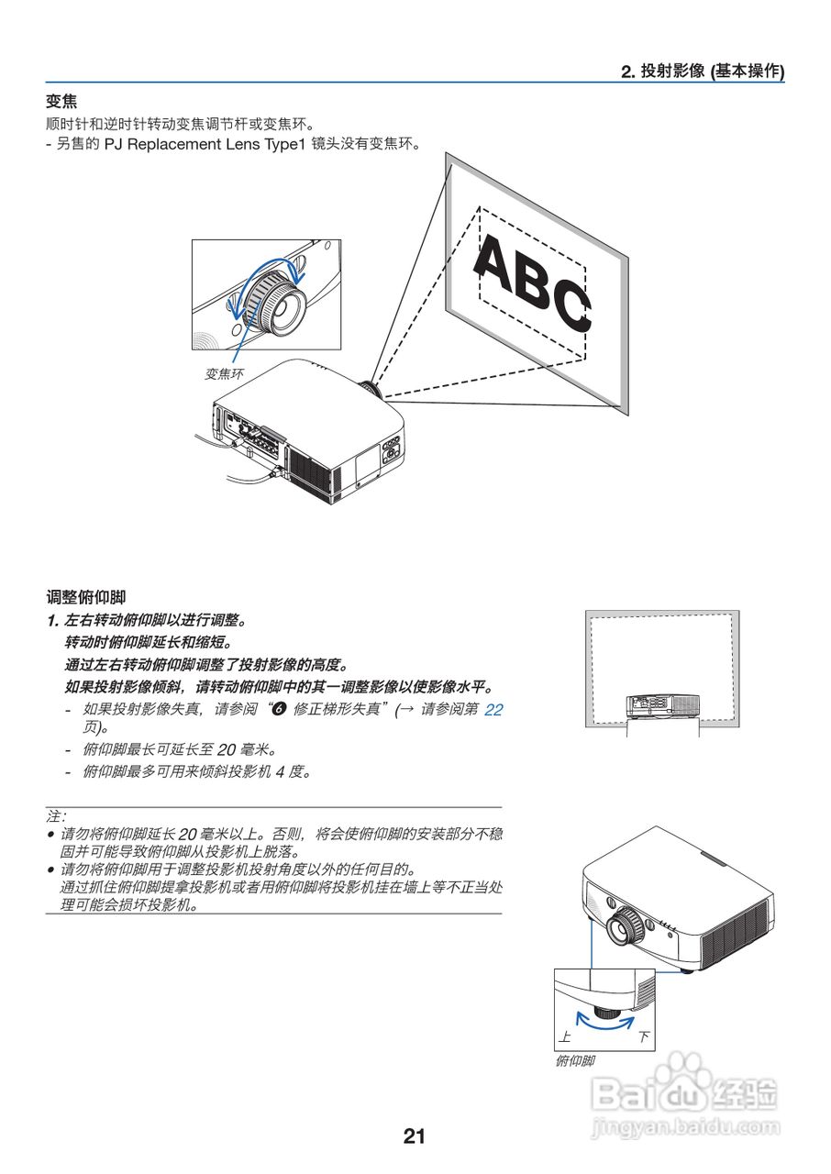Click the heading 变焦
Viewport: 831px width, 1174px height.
[x=61, y=102]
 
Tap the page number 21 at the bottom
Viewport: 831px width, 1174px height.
[x=414, y=1136]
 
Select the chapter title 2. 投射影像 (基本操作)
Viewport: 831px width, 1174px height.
[x=703, y=72]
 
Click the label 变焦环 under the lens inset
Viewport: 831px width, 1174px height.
[x=225, y=373]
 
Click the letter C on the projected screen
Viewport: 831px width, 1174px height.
[x=571, y=305]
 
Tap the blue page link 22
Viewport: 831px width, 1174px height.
[x=493, y=709]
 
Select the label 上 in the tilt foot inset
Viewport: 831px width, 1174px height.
[x=565, y=1036]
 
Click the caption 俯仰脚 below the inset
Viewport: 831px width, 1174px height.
[x=575, y=1061]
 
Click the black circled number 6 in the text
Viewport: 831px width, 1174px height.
[x=281, y=709]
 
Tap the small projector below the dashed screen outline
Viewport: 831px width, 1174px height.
[x=661, y=704]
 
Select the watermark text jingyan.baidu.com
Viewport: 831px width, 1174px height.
[x=686, y=1125]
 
